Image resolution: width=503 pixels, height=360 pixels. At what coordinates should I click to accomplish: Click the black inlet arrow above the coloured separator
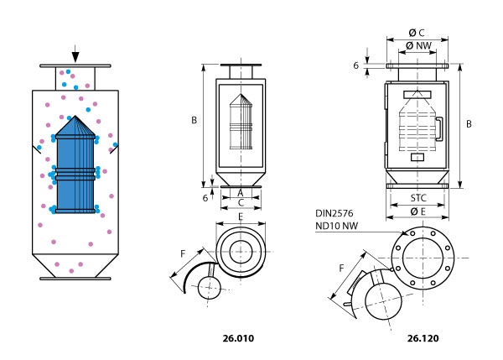click(75, 55)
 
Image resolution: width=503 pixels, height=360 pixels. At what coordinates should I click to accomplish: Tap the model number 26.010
click(237, 339)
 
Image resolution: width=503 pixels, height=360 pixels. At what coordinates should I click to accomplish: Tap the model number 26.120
click(423, 339)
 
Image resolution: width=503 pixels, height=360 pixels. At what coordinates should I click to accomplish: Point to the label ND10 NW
click(337, 226)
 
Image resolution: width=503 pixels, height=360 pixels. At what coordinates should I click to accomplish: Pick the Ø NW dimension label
click(418, 45)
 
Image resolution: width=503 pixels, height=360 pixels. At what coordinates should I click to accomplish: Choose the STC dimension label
click(418, 199)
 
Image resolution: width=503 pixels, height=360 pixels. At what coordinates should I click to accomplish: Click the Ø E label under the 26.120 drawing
click(418, 211)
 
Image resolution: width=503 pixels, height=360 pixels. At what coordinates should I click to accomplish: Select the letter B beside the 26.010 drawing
click(194, 121)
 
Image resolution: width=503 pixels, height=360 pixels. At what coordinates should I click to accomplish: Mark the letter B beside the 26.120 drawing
click(469, 124)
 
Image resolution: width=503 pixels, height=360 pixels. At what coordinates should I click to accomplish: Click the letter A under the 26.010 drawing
click(240, 193)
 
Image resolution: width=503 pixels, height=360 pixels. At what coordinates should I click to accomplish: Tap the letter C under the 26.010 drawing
click(241, 203)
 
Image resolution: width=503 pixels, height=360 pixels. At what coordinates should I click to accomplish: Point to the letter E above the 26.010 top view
click(241, 217)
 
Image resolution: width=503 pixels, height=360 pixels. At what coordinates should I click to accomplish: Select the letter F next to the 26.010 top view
click(184, 253)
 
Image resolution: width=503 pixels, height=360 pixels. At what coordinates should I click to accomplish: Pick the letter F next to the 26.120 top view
click(341, 269)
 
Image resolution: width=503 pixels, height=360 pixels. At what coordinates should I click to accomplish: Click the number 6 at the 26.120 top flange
click(356, 65)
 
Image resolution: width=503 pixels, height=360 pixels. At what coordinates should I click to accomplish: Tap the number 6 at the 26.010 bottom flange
click(205, 197)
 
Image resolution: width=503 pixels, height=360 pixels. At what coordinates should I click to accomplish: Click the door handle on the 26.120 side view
click(439, 128)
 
